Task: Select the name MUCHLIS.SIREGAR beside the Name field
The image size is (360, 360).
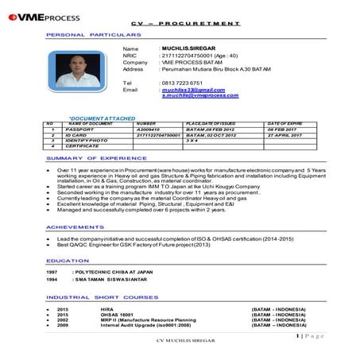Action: [x=187, y=48]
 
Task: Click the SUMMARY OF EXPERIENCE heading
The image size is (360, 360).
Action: [x=85, y=159]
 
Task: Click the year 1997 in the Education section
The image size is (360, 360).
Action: [x=52, y=272]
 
